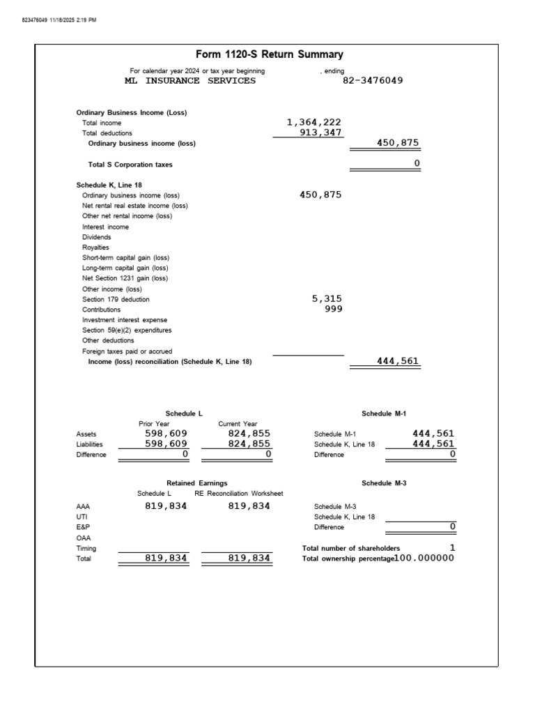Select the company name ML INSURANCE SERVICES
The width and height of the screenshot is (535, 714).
click(x=190, y=80)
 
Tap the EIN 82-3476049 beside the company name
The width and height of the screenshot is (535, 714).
click(x=373, y=80)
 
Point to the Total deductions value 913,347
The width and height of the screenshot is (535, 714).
click(x=320, y=132)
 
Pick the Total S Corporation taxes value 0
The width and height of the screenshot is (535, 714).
click(x=417, y=164)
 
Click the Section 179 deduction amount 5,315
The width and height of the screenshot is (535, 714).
click(x=327, y=298)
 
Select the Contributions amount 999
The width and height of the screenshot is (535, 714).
click(x=333, y=309)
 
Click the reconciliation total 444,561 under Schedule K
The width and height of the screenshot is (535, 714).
click(x=398, y=361)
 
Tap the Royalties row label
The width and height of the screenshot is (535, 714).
click(x=95, y=248)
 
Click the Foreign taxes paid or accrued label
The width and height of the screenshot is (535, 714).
click(x=127, y=351)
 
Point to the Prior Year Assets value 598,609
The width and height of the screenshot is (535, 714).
click(x=166, y=433)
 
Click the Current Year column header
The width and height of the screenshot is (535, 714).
click(x=238, y=423)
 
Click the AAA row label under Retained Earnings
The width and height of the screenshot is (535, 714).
click(x=83, y=507)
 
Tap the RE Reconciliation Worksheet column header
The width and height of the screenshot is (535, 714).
click(x=239, y=494)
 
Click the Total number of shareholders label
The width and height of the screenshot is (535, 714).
click(x=351, y=549)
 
